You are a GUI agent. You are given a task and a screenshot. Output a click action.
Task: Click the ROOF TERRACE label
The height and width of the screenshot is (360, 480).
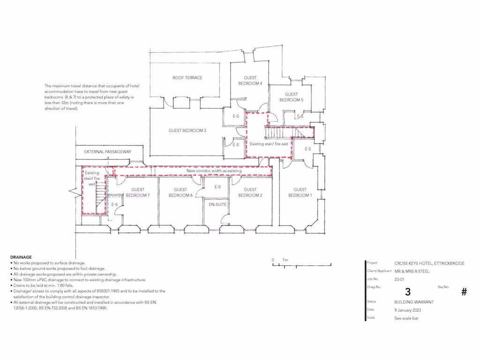tap(187, 78)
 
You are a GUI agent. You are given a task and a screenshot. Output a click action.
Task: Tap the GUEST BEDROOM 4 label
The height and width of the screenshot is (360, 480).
tap(250, 81)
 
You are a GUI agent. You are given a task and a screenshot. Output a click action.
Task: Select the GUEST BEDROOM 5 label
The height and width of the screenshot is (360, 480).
tap(291, 97)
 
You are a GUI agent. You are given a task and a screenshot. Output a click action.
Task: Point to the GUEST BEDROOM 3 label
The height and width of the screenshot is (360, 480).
tap(187, 131)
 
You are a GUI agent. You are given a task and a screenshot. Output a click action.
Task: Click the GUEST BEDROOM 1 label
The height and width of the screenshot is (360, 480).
tap(300, 193)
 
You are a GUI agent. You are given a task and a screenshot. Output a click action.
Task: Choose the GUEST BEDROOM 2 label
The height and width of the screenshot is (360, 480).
tap(250, 193)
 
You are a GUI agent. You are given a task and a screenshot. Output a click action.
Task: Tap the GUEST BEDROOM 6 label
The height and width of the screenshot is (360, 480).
tap(181, 193)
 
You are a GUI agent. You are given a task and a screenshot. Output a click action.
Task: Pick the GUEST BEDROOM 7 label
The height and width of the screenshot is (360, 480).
tap(137, 193)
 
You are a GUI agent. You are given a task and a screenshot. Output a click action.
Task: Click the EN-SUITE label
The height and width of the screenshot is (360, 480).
tap(217, 205)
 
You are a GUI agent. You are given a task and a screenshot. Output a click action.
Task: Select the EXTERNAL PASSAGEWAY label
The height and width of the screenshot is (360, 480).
tap(108, 152)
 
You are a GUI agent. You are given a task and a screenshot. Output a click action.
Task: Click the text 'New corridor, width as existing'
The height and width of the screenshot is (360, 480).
tap(214, 171)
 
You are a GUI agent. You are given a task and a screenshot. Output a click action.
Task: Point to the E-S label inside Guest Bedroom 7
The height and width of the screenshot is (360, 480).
tap(114, 205)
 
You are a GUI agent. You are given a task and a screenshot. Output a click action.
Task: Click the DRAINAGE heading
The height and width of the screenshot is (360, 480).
tap(21, 257)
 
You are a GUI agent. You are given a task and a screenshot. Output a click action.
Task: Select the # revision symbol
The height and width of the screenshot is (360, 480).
tap(464, 292)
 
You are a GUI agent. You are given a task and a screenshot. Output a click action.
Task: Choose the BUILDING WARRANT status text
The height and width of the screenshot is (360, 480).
tap(414, 302)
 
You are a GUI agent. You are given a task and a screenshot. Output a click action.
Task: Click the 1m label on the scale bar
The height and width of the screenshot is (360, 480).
tap(285, 260)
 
